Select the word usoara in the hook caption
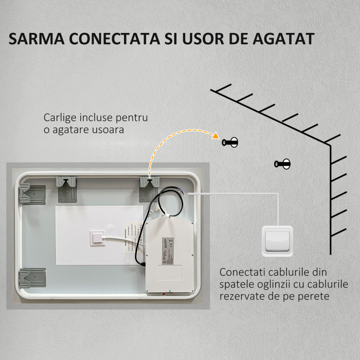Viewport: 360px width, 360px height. [106, 130]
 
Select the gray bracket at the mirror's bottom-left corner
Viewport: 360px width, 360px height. [32, 278]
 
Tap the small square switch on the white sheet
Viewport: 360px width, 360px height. [96, 237]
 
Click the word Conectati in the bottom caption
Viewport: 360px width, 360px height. [239, 272]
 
